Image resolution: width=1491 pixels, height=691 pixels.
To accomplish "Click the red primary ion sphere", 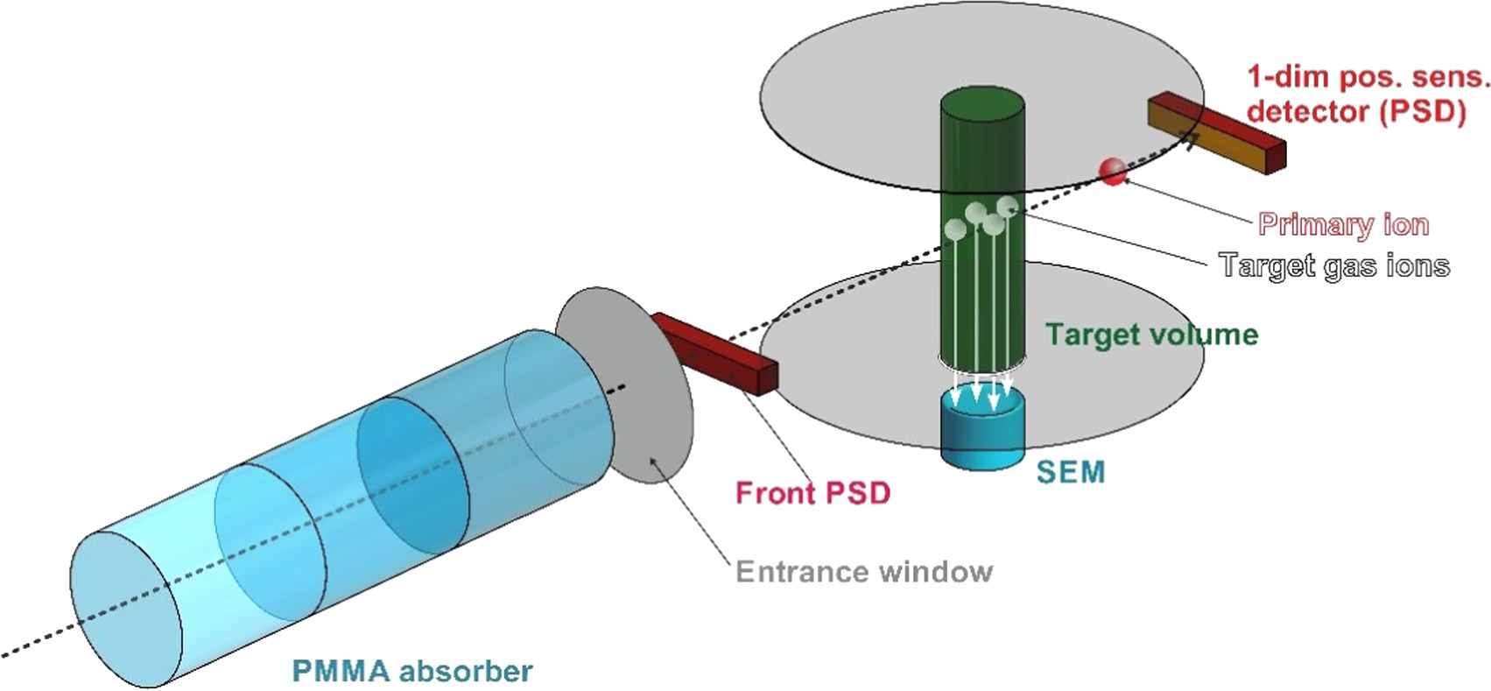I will [x=1113, y=171].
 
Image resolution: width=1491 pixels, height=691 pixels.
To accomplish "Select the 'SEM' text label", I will [x=1070, y=472].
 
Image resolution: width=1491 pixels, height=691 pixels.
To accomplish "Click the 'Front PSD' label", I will [x=812, y=493].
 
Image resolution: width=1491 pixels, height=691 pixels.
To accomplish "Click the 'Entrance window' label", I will [x=864, y=572].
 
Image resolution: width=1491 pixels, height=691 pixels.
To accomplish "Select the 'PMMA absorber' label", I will [x=411, y=672].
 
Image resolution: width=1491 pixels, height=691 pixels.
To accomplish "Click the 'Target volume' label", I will [x=1151, y=335].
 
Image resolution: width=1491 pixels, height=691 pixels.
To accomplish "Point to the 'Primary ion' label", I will [x=1343, y=224].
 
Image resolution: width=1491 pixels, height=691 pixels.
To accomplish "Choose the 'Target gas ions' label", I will [x=1334, y=265].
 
